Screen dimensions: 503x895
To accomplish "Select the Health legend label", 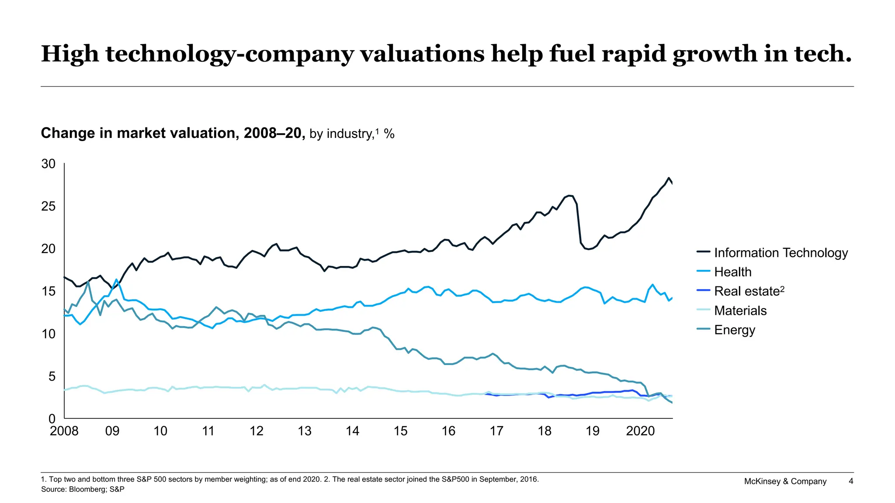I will click(x=732, y=272).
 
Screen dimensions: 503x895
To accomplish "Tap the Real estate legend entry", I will click(x=749, y=291).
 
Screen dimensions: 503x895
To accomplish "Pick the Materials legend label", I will click(x=740, y=310).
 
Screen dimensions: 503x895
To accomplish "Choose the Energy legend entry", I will click(x=734, y=330).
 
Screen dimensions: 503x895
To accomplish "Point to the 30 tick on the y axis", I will click(x=49, y=164).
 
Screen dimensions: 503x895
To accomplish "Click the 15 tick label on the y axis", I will click(x=49, y=291).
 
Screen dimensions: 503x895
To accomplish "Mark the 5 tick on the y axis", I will click(x=52, y=376).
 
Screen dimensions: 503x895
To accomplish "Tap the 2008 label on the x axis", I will click(x=64, y=431).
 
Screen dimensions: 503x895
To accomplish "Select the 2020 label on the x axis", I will click(x=640, y=431).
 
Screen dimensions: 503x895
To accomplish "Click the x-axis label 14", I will click(x=352, y=431).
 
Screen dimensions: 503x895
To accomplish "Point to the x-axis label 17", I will click(x=496, y=431).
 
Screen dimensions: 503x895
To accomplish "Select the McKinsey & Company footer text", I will click(x=785, y=481).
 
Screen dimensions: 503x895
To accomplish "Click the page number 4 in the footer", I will click(x=850, y=481).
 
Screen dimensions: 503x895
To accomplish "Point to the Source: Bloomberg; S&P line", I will click(x=83, y=489).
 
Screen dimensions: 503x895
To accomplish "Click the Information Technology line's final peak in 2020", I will click(x=669, y=178).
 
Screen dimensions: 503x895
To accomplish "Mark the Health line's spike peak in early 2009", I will click(x=116, y=279).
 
